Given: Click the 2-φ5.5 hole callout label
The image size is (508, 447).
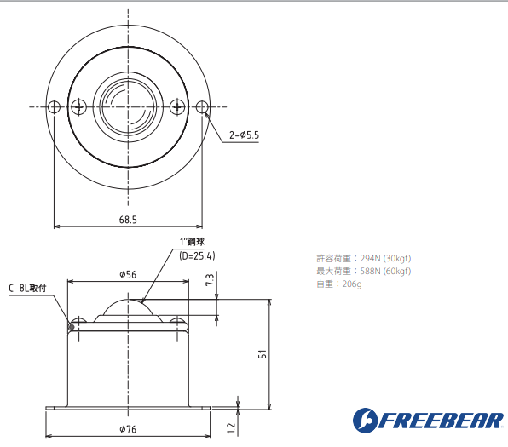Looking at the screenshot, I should [244, 135].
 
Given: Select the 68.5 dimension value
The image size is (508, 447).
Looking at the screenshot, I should [128, 219].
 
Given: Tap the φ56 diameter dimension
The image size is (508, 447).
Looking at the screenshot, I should [129, 274].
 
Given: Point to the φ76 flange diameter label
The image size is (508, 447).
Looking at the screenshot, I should [128, 428].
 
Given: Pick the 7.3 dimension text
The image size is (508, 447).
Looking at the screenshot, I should [210, 281].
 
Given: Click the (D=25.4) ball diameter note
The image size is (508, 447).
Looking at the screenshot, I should [197, 255].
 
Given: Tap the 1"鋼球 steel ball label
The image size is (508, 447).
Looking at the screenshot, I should [193, 242].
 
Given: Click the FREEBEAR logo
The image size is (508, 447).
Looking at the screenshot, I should [425, 420].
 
